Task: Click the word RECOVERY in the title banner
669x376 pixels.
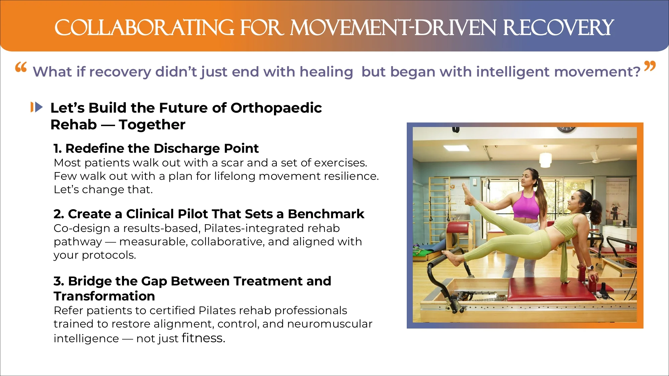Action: [558, 27]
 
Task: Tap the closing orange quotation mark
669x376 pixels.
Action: [650, 66]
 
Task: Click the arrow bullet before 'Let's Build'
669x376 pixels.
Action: [37, 107]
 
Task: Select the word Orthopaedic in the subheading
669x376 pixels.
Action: [276, 108]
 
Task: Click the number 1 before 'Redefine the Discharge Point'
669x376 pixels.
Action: [57, 148]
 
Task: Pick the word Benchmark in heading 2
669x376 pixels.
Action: [326, 214]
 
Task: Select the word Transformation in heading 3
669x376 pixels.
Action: [104, 296]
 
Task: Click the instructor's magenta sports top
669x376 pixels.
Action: [527, 204]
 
